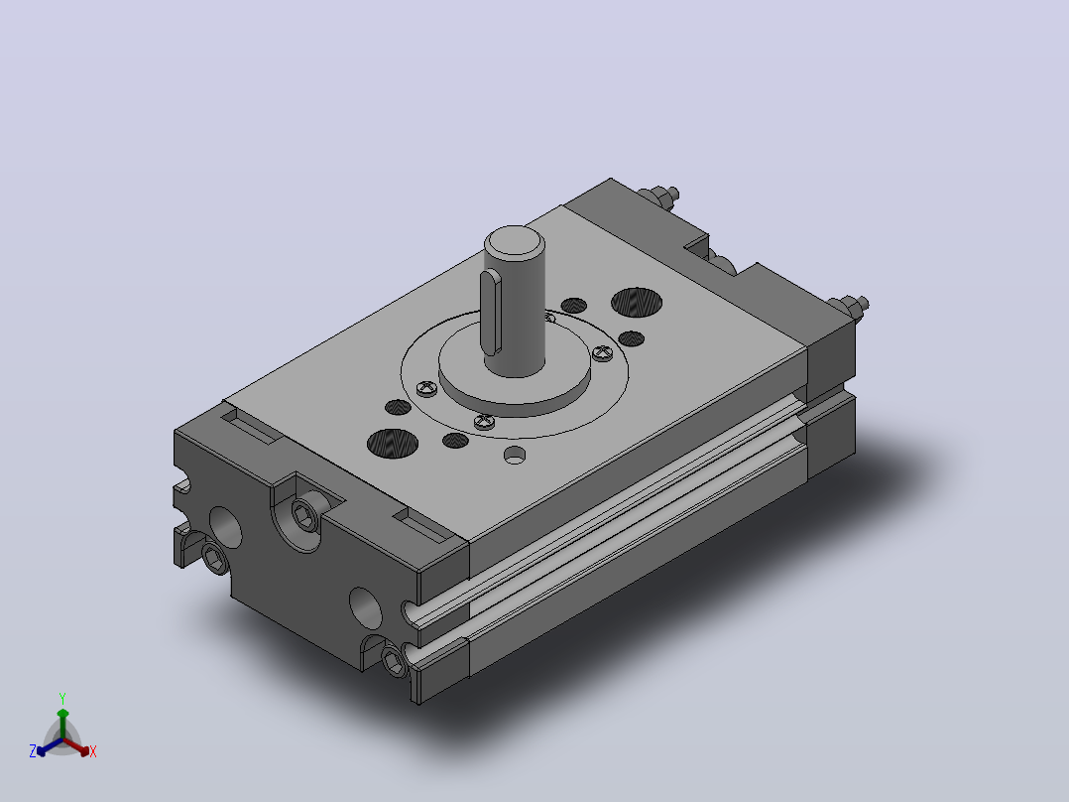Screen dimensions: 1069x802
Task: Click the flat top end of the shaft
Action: tap(515, 241)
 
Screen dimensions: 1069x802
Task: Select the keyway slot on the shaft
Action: tap(491, 313)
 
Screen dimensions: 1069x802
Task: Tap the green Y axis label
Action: tap(62, 699)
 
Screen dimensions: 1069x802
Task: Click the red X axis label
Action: tap(93, 751)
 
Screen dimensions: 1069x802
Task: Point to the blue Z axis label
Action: tap(33, 751)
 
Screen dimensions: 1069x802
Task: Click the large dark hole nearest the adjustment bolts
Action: tap(637, 303)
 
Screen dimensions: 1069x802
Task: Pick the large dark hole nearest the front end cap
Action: tap(393, 444)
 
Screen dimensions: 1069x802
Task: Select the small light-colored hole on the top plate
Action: tap(515, 455)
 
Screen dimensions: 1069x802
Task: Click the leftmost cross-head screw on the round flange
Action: tap(426, 389)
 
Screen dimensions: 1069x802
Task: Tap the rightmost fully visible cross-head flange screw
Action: tap(602, 353)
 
